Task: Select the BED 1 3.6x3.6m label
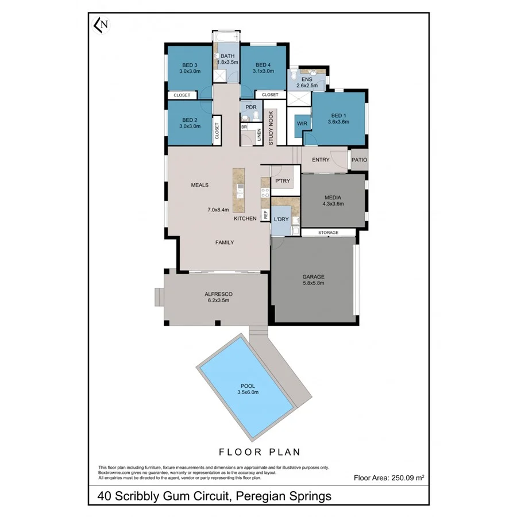click(x=338, y=118)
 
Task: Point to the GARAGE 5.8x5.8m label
click(x=314, y=279)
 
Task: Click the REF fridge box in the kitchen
click(x=265, y=215)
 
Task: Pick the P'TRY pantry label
click(x=282, y=182)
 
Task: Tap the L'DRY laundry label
click(x=281, y=219)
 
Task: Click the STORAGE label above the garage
click(x=329, y=233)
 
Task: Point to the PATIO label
click(x=360, y=160)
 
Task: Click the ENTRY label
click(x=321, y=160)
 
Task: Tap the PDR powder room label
click(x=250, y=107)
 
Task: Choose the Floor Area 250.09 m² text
click(x=389, y=477)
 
